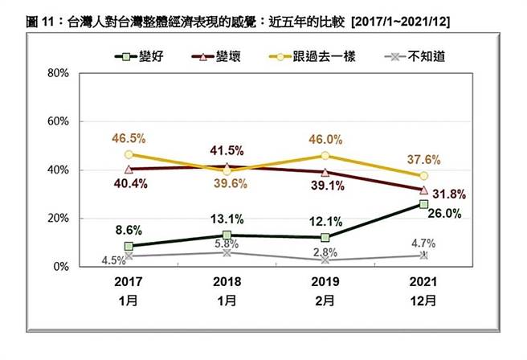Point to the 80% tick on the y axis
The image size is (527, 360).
(60, 73)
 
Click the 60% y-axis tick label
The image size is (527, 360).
(60, 121)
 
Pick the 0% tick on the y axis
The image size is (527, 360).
(63, 266)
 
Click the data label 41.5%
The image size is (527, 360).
(227, 149)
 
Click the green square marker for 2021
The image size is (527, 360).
(423, 204)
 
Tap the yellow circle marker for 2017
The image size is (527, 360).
(129, 154)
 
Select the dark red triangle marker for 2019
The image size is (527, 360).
(325, 172)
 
